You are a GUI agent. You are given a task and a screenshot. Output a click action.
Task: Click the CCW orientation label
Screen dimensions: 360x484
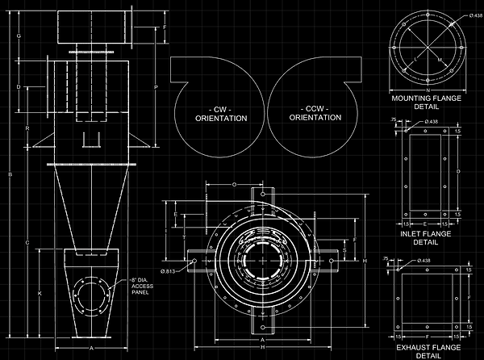click(315, 113)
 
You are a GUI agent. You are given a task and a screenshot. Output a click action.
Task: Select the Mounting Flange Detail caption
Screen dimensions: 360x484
click(426, 102)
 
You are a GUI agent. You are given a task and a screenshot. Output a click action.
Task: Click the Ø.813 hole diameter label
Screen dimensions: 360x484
click(171, 270)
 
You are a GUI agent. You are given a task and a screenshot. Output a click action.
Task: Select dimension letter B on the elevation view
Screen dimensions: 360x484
click(9, 175)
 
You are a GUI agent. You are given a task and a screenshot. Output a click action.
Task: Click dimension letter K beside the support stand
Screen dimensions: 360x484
click(40, 293)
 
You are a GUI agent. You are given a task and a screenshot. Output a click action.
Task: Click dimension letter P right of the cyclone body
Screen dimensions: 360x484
click(155, 87)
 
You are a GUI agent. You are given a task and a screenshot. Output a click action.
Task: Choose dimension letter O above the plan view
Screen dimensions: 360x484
click(234, 186)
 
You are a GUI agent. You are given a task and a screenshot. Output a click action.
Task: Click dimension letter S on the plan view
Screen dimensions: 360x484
click(345, 250)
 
